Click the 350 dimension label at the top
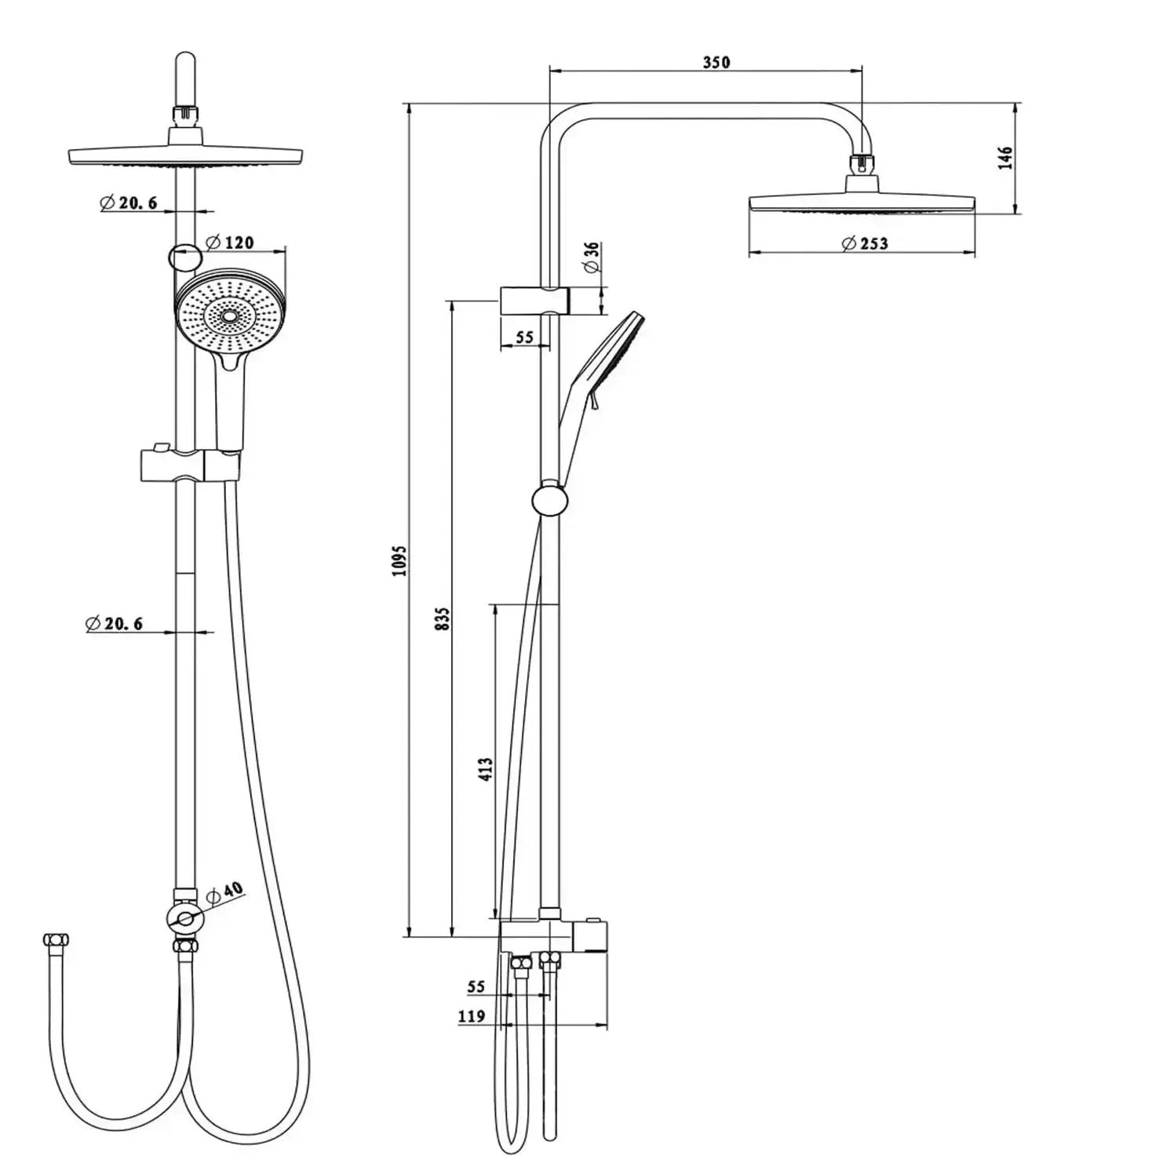pyautogui.click(x=716, y=62)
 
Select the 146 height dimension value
pyautogui.click(x=1005, y=157)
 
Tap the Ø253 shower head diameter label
pyautogui.click(x=864, y=243)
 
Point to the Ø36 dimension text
pyautogui.click(x=592, y=257)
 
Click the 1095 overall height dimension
pyautogui.click(x=400, y=560)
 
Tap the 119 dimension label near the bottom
pyautogui.click(x=472, y=1016)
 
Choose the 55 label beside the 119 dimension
pyautogui.click(x=476, y=987)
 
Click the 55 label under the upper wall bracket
pyautogui.click(x=523, y=337)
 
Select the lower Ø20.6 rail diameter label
pyautogui.click(x=115, y=624)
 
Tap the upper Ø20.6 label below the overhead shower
pyautogui.click(x=129, y=202)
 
